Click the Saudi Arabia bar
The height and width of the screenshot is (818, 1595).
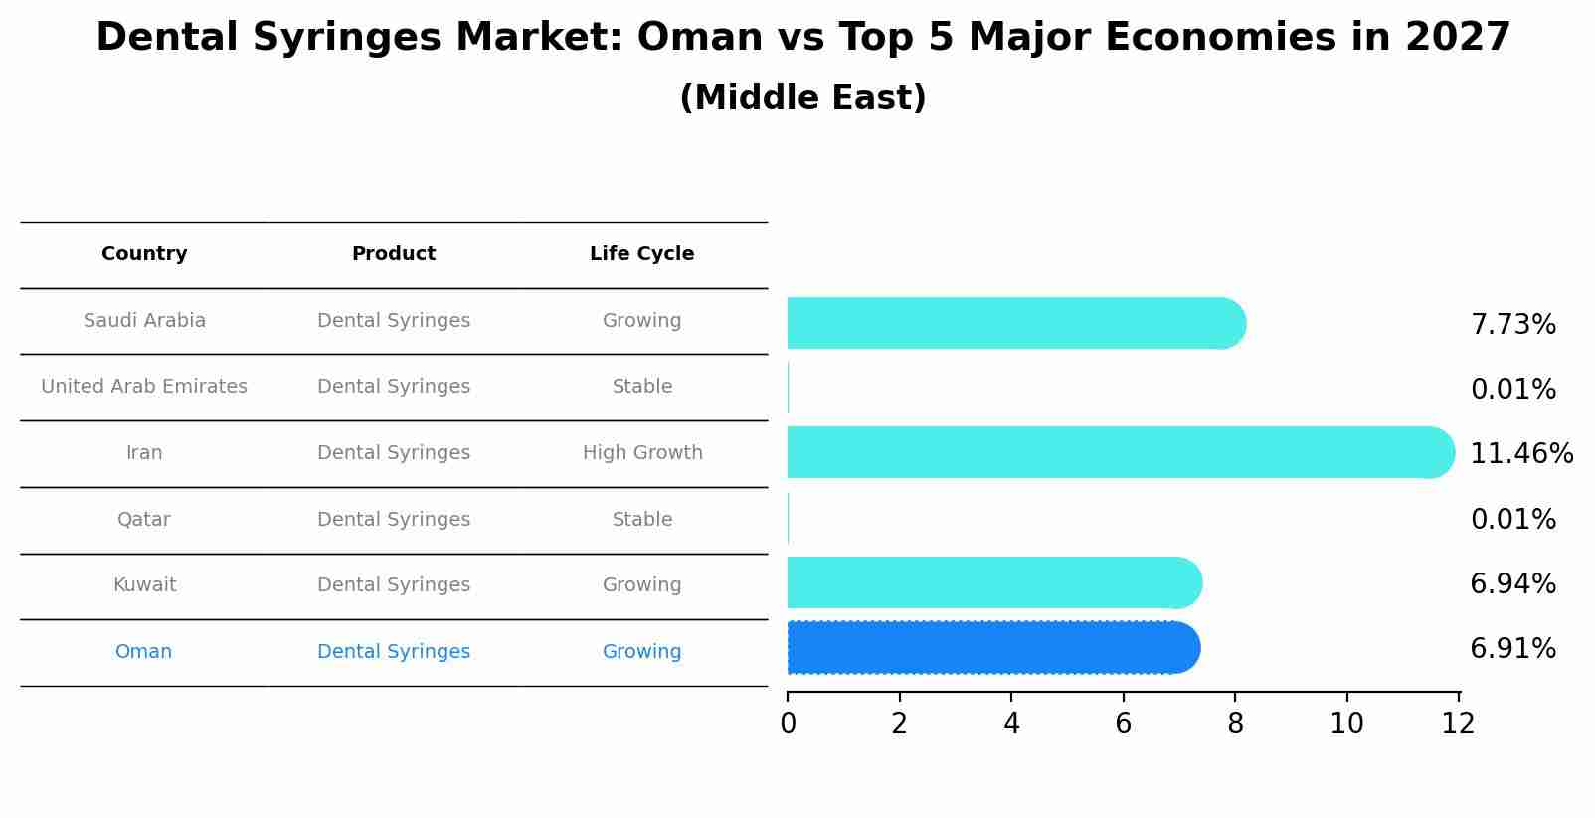(1014, 323)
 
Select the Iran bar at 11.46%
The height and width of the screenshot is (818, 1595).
(1119, 452)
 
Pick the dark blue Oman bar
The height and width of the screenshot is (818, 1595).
(991, 648)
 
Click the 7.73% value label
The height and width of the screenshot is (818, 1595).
(1512, 325)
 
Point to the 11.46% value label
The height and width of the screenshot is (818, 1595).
(1520, 454)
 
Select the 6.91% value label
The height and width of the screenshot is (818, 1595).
(1512, 649)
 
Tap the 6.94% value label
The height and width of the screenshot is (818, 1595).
(1512, 584)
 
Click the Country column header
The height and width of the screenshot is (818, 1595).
(144, 254)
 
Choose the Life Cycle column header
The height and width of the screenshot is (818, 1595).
(641, 254)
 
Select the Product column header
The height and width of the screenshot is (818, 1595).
(394, 254)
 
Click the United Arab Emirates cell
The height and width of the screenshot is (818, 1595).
(144, 387)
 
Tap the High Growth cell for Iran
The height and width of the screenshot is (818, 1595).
(642, 453)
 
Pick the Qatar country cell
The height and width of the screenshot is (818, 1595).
(144, 520)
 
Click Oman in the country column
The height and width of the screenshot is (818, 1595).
(144, 652)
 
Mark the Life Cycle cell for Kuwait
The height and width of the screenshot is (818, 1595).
(641, 585)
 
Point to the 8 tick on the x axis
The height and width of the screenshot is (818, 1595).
(1235, 724)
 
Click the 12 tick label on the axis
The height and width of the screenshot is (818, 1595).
(1458, 724)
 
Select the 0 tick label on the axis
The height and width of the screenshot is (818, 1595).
(788, 724)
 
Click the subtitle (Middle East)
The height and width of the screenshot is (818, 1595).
(802, 98)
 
